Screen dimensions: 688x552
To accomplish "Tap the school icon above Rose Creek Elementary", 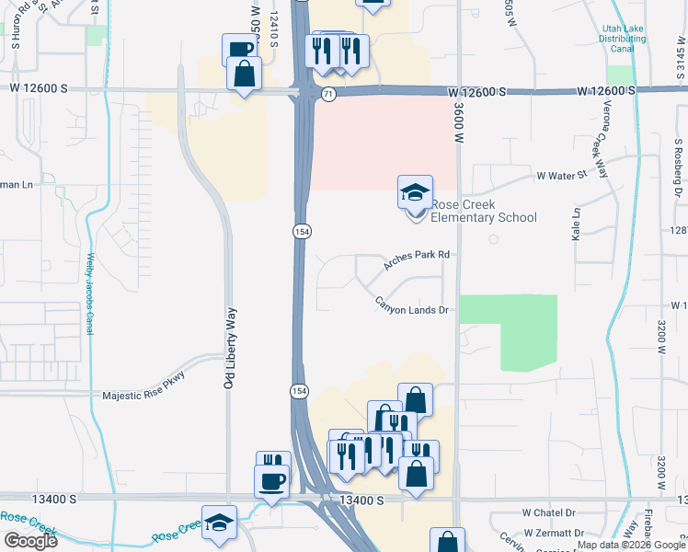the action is click(415, 192).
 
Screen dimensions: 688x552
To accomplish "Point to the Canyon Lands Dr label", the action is click(410, 305).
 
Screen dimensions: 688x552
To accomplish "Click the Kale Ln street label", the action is click(577, 224).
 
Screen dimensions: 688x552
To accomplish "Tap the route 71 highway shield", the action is click(328, 94).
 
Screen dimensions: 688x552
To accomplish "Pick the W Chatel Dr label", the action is click(548, 512).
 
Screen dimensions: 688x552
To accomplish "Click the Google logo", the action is click(30, 541).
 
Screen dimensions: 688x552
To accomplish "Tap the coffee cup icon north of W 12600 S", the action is click(238, 50).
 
